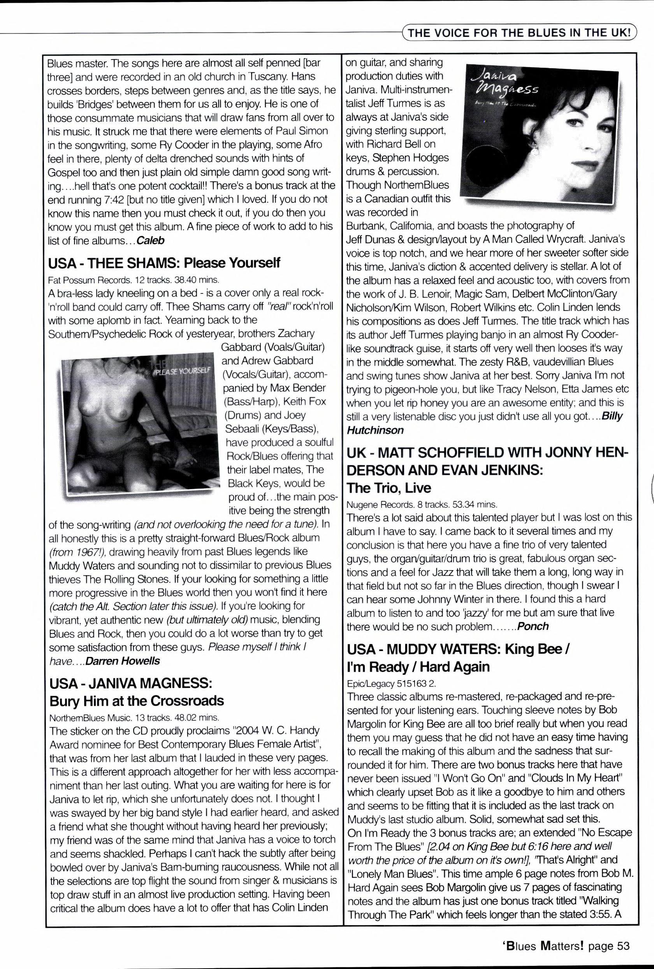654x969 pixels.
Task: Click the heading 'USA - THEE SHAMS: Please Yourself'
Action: [x=164, y=263]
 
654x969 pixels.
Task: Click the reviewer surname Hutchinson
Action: [x=375, y=430]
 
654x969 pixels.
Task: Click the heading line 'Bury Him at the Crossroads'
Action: [x=136, y=701]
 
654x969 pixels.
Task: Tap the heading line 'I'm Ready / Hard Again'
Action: [x=418, y=667]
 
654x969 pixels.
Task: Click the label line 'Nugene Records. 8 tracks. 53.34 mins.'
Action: [x=422, y=504]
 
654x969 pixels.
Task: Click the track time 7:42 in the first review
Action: [x=111, y=199]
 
